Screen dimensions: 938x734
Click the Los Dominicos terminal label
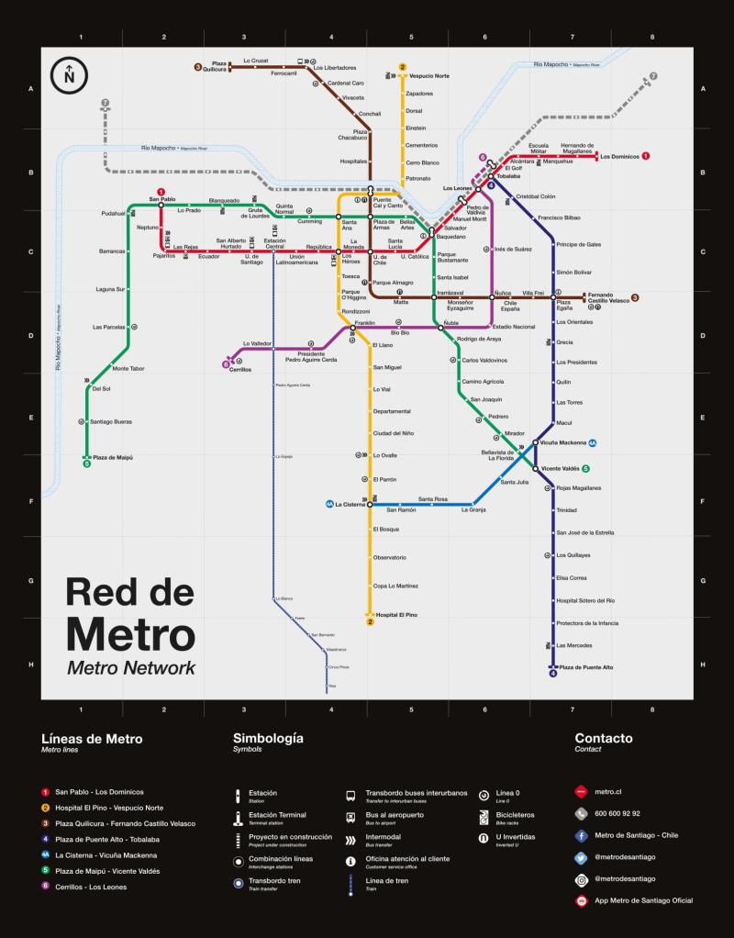pos(619,157)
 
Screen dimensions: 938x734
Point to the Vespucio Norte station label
pos(428,76)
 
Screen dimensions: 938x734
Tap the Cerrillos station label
pos(239,369)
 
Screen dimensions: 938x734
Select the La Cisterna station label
pos(350,504)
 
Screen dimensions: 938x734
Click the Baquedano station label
pos(450,237)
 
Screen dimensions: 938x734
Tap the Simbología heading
pos(268,738)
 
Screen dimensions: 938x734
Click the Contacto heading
pos(603,738)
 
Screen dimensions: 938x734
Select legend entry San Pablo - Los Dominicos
pos(99,791)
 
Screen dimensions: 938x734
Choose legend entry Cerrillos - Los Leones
pos(91,887)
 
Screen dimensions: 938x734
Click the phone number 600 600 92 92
pos(617,813)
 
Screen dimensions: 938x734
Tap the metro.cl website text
pos(608,791)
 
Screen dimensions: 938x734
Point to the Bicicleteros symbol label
pos(515,814)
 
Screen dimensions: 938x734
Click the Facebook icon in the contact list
pos(581,836)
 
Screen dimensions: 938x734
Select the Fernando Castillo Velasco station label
pos(607,298)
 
